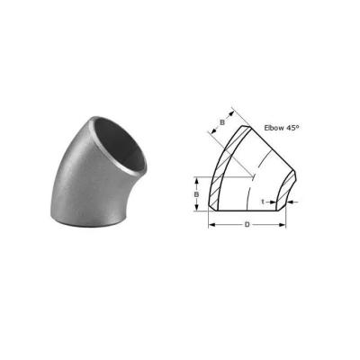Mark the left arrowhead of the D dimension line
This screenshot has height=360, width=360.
(x=212, y=224)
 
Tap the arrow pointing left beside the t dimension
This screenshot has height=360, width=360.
(x=292, y=202)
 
